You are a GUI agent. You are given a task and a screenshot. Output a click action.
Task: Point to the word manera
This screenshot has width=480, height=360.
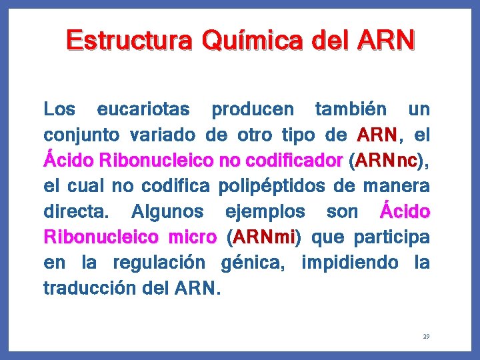pyautogui.click(x=396, y=187)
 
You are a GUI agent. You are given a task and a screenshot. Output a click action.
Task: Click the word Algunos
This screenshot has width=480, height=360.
pyautogui.click(x=167, y=213)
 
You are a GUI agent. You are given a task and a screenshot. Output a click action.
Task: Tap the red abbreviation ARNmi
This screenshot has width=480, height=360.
pyautogui.click(x=263, y=238)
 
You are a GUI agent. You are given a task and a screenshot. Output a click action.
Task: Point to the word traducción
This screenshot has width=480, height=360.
pyautogui.click(x=89, y=289)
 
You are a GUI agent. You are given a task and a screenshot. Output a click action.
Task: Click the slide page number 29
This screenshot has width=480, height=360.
pyautogui.click(x=425, y=337)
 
